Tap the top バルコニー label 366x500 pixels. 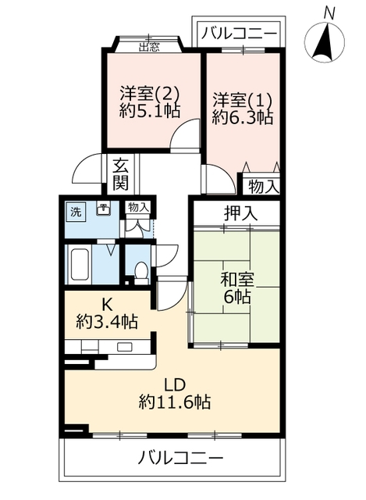point(240,33)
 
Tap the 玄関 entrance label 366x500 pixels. point(121,174)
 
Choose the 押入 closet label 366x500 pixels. point(236,212)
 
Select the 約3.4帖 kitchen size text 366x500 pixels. point(108,320)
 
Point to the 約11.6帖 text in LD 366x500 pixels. point(175,402)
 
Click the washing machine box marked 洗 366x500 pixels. point(76,212)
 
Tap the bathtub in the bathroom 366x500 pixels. point(80,266)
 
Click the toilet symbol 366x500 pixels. point(142,271)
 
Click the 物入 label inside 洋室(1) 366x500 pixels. point(263,187)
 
